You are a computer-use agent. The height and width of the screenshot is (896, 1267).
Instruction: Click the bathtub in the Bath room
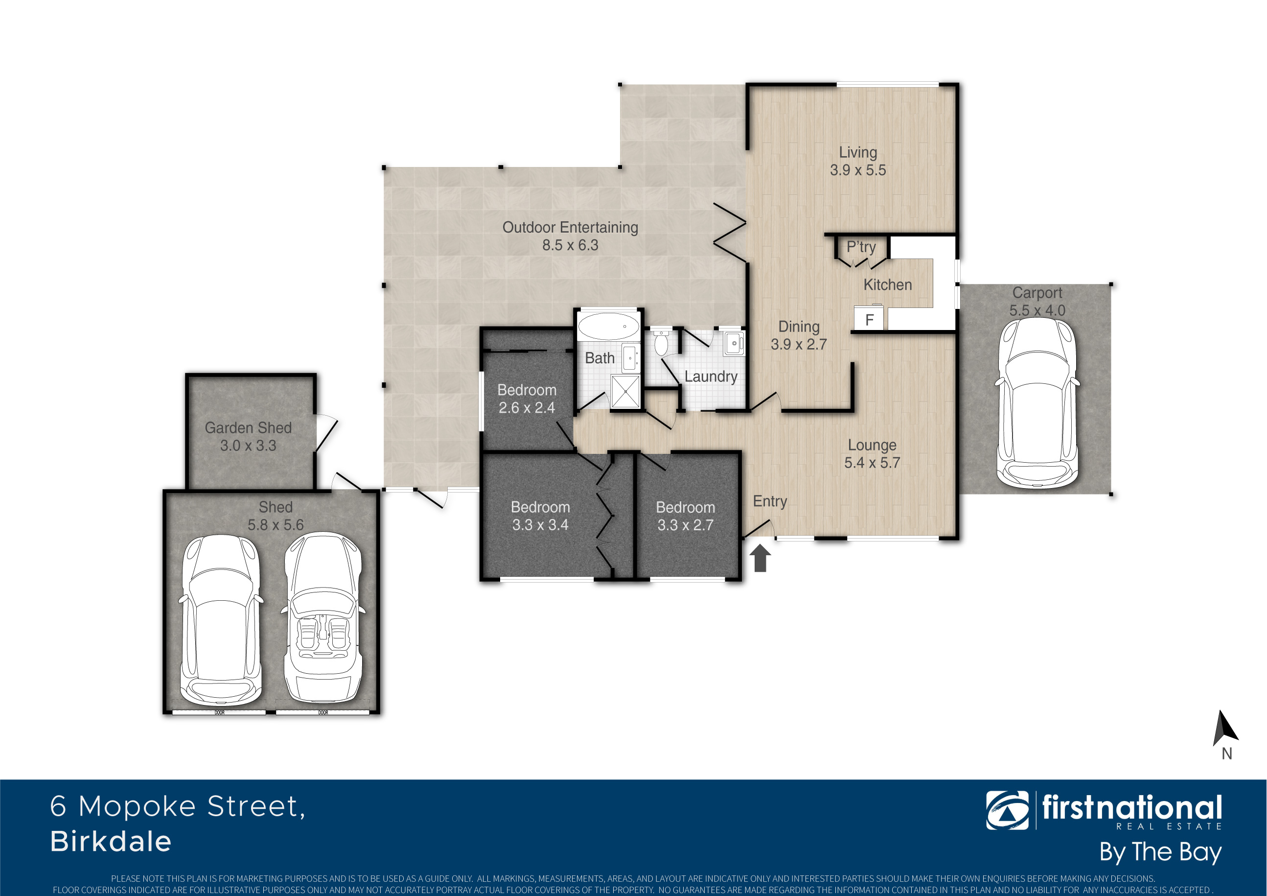(x=608, y=326)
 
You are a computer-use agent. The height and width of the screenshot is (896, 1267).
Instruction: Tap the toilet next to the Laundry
(x=661, y=342)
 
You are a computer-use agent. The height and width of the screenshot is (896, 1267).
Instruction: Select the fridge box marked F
(x=869, y=319)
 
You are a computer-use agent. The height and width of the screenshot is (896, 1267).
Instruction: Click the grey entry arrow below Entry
(x=760, y=558)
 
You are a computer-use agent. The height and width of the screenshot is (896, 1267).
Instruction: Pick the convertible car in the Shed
(x=323, y=617)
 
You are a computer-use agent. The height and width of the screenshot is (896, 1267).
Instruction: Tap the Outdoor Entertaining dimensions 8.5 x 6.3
(x=570, y=245)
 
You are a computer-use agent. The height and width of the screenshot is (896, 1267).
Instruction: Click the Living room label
(x=857, y=152)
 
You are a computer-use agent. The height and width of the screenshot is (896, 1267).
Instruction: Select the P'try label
(x=861, y=247)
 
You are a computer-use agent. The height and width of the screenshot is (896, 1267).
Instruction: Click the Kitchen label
(x=887, y=285)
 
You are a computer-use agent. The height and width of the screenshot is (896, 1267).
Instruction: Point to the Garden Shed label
(x=248, y=428)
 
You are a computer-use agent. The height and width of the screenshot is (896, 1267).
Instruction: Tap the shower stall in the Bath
(x=626, y=391)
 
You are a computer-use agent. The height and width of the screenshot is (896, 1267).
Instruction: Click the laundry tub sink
(x=734, y=343)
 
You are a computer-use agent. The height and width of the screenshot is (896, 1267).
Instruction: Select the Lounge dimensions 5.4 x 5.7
(x=872, y=463)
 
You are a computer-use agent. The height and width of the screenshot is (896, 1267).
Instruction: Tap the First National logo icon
(x=1007, y=810)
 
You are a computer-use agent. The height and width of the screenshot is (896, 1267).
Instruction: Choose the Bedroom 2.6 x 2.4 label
(x=527, y=399)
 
